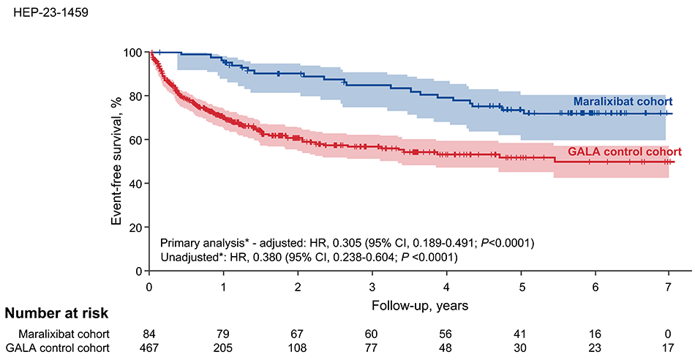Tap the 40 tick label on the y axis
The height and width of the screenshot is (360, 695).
[x=135, y=184]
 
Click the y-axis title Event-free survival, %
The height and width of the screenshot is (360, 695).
[x=116, y=161]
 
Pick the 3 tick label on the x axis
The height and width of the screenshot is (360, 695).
[x=372, y=285]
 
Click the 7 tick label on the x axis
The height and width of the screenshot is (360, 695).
[x=669, y=285]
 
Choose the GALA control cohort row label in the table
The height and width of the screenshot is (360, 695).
[x=58, y=348]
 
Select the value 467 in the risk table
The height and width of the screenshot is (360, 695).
[x=149, y=348]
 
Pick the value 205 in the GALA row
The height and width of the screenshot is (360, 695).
[x=224, y=348]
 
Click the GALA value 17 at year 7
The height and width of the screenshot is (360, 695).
[x=669, y=348]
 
